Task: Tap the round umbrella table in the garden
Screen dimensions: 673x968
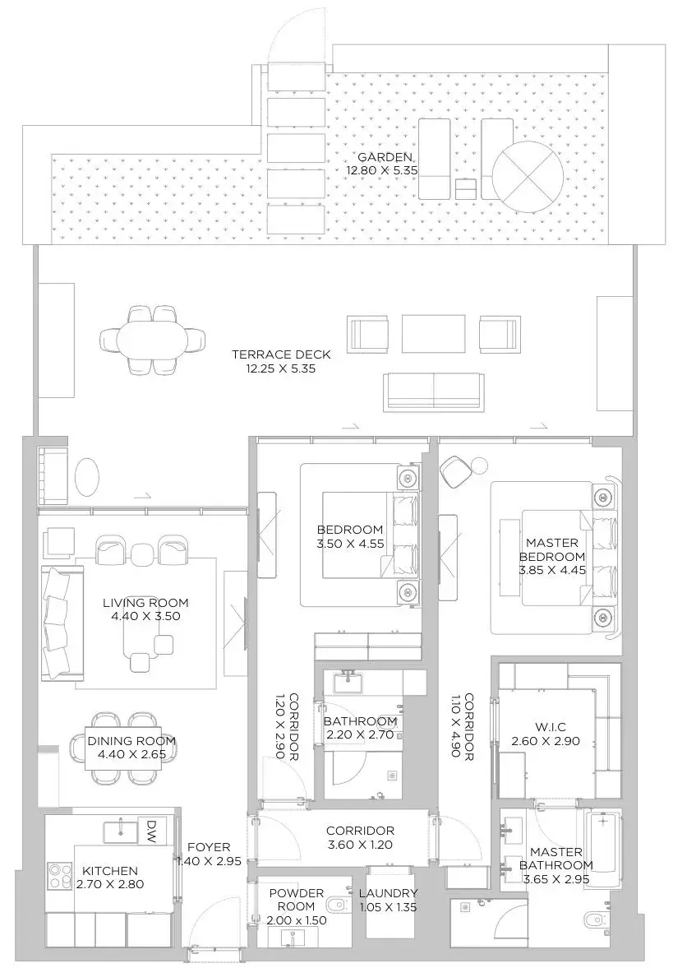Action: click(x=528, y=170)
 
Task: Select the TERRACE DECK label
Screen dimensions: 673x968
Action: click(x=281, y=354)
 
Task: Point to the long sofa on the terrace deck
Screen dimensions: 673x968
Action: click(x=433, y=392)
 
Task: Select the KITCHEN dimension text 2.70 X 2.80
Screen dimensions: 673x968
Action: click(x=110, y=884)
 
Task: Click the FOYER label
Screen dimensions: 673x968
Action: click(x=209, y=848)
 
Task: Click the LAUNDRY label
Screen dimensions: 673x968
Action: click(x=388, y=893)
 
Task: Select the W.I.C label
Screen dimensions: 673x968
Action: click(x=546, y=727)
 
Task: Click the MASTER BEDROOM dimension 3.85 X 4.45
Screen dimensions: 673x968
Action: click(x=552, y=570)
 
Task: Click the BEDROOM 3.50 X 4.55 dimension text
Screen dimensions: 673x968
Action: click(x=350, y=544)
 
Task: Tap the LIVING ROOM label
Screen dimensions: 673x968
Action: click(x=145, y=603)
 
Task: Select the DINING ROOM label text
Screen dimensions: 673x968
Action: click(x=131, y=741)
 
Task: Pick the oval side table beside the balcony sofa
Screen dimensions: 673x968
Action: click(x=86, y=476)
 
